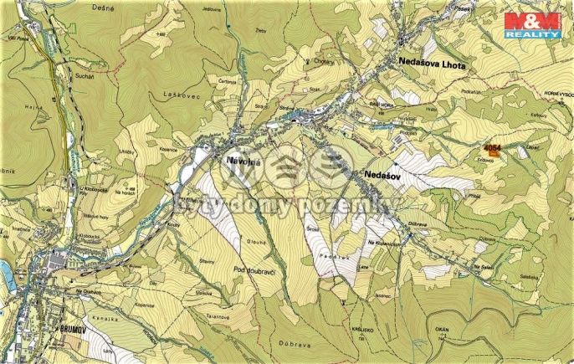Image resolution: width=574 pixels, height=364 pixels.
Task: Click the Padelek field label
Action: coord(338,258)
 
